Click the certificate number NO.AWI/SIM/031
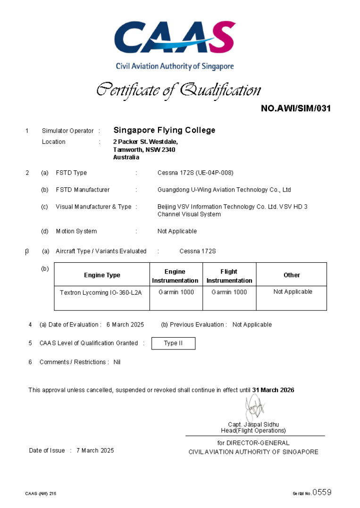click(x=296, y=108)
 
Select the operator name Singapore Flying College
click(x=164, y=130)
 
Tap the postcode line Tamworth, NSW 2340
click(x=144, y=150)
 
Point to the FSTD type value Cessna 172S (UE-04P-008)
click(x=195, y=173)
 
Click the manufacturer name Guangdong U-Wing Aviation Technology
click(x=224, y=190)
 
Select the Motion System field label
click(x=76, y=231)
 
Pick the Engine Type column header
click(x=102, y=275)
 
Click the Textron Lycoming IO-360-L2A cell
click(x=101, y=292)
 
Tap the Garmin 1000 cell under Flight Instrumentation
click(x=229, y=292)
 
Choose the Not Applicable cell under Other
click(x=293, y=291)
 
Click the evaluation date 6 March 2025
click(x=125, y=325)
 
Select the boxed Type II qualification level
click(x=173, y=343)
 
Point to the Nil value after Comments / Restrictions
click(x=117, y=362)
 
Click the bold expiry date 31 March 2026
click(x=273, y=390)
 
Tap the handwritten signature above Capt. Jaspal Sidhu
click(x=255, y=408)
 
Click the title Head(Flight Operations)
click(x=253, y=430)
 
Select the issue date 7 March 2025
click(x=95, y=450)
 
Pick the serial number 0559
click(x=322, y=492)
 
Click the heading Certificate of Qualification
click(x=178, y=90)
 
